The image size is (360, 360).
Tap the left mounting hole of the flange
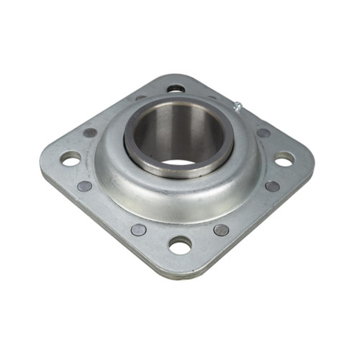pos(71,158)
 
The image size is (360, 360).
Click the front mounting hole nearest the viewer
pos(180,245)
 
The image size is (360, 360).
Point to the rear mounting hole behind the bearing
pos(176,89)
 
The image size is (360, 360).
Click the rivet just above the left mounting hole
pos(90,132)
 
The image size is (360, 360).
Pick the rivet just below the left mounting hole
pos(84,186)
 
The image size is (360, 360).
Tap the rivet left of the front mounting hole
pos(138,230)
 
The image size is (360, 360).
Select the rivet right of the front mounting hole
pos(221,230)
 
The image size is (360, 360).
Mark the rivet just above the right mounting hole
pos(264,133)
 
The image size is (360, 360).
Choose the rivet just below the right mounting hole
pos(272,186)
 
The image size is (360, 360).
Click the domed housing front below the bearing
pos(180,202)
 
